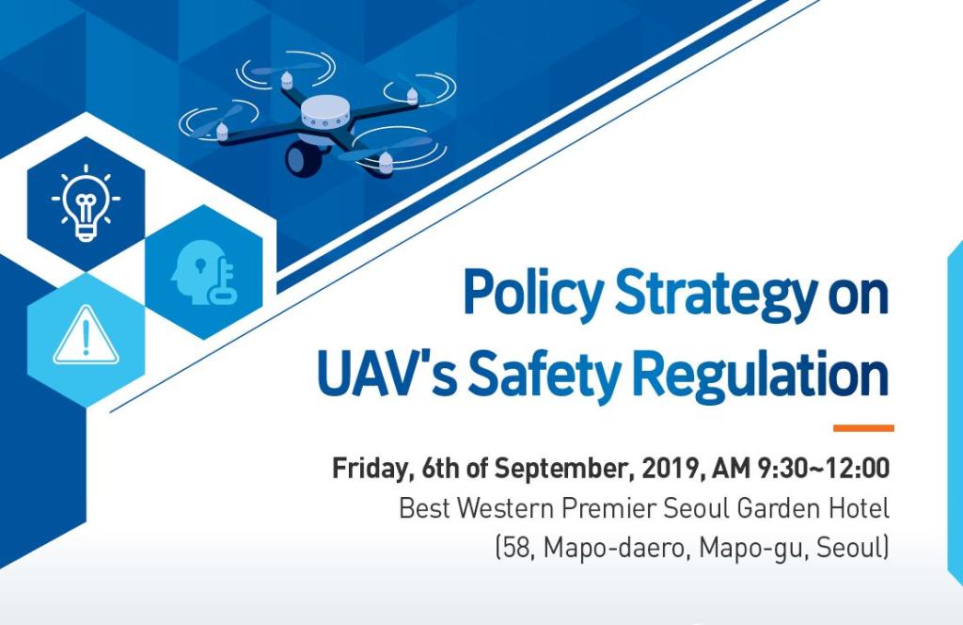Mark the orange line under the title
coord(862,428)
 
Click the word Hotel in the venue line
coord(859,509)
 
